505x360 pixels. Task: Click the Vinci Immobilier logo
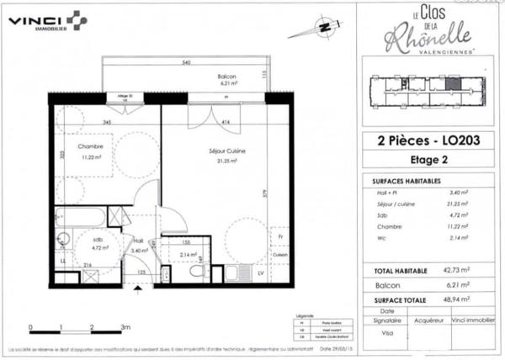coord(47,20)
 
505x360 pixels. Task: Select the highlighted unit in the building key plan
coord(453,82)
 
